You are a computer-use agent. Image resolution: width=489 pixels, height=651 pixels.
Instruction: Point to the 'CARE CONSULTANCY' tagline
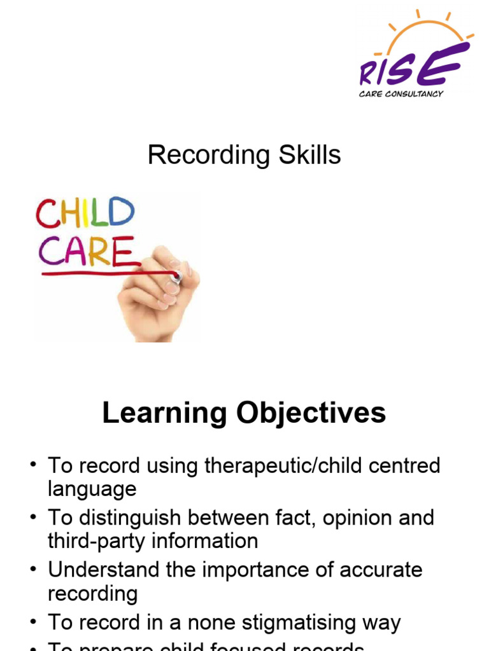(401, 94)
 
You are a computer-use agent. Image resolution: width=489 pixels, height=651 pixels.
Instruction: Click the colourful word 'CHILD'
(85, 213)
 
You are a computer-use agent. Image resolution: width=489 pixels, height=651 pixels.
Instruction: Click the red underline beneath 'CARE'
(108, 273)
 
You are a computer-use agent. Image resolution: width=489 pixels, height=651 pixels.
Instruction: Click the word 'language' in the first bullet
(92, 490)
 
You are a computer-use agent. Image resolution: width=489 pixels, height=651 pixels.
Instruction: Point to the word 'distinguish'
(129, 517)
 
